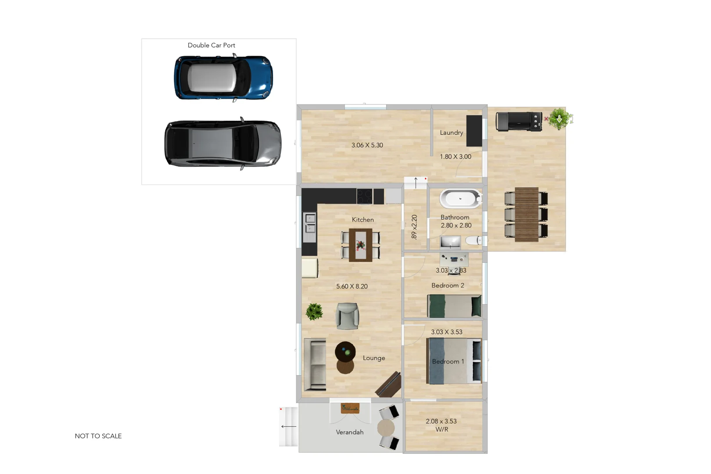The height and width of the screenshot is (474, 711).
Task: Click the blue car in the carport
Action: (x=223, y=78)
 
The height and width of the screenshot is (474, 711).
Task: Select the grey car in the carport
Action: (x=223, y=144)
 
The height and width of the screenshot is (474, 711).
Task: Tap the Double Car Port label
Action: (x=211, y=45)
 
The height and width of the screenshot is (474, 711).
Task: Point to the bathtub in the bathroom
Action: (x=460, y=199)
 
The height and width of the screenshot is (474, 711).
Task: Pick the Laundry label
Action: (x=451, y=133)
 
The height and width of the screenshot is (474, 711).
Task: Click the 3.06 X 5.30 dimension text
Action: (x=367, y=145)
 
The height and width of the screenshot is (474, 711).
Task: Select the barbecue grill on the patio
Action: (x=519, y=122)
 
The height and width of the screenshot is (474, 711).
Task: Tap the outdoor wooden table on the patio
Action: (x=526, y=215)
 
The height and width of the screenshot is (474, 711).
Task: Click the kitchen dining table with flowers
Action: (x=360, y=245)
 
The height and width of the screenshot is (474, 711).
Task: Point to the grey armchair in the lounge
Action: (x=347, y=316)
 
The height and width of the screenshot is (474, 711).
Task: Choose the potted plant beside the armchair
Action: (x=314, y=312)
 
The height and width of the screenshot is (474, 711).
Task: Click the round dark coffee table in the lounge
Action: (x=345, y=352)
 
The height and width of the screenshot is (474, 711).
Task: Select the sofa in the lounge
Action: (x=315, y=365)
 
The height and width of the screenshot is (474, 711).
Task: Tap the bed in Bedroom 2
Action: (x=454, y=305)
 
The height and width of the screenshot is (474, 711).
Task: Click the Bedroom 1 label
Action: (x=448, y=362)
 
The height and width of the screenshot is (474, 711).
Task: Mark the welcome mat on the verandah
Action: (x=350, y=408)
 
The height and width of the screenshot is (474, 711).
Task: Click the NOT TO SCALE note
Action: (x=98, y=436)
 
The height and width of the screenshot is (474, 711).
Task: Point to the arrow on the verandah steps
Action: (x=288, y=426)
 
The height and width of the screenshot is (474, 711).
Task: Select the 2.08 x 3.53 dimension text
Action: (x=441, y=421)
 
